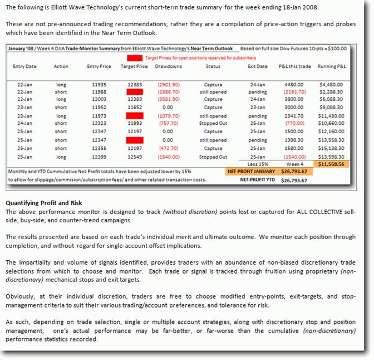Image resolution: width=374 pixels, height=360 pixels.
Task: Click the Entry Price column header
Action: tap(99, 66)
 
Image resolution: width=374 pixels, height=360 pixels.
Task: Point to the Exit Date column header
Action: tap(258, 66)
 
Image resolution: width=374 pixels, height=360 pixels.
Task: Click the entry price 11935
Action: tap(99, 85)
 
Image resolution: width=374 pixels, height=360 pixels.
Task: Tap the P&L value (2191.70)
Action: tap(295, 92)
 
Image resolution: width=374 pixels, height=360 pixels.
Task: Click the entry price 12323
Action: tap(99, 124)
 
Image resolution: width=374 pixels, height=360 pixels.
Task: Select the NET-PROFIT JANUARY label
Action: tap(250, 172)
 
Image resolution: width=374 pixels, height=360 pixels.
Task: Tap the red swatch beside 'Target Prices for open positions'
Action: tap(135, 57)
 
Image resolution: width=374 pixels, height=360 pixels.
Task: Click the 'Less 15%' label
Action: tap(258, 165)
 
